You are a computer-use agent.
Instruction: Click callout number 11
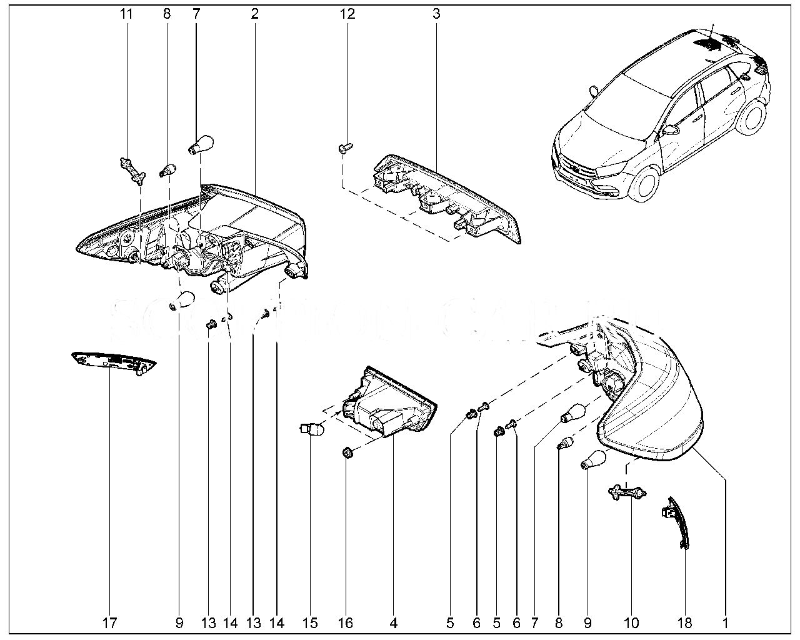127,13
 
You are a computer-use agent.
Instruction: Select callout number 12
347,13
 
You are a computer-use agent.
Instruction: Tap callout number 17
110,622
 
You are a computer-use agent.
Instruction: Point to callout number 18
685,622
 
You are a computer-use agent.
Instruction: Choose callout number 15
310,622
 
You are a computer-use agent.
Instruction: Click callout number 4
394,622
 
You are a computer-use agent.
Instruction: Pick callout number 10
631,622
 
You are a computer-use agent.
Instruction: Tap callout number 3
436,13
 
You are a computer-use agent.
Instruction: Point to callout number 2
254,13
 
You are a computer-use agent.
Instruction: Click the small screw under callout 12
345,148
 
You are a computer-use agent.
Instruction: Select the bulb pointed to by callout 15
311,430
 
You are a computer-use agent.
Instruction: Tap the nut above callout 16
347,451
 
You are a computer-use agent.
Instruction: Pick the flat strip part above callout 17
113,362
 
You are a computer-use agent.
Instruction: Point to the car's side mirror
672,129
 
